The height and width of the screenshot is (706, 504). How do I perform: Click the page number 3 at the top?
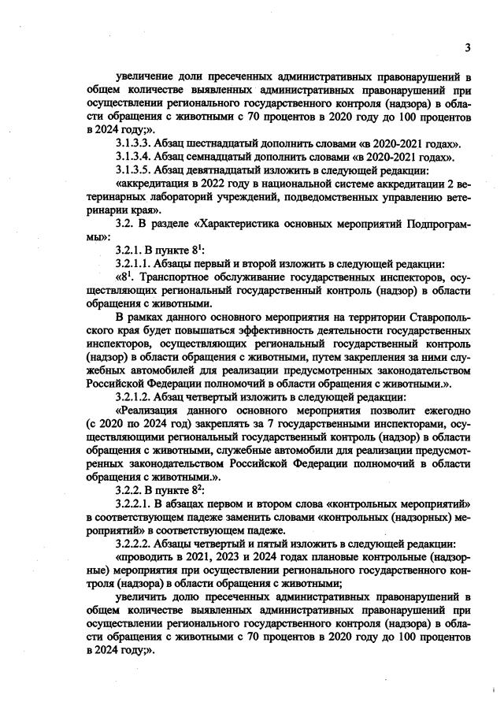point(467,47)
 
